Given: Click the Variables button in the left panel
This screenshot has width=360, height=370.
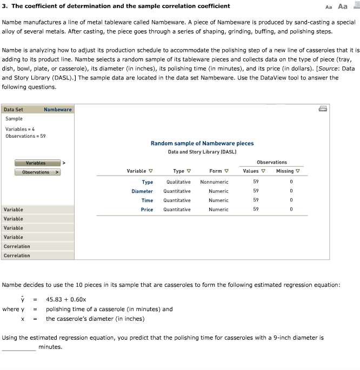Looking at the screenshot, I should tap(36, 163).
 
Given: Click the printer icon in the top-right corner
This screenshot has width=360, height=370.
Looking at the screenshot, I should tap(323, 109).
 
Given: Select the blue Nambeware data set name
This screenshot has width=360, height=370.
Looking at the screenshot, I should tap(58, 109).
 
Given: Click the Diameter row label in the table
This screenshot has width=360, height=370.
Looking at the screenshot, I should tap(142, 191).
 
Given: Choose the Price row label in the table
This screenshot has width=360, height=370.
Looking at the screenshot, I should tap(146, 210).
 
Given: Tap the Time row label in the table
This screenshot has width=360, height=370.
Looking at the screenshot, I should tap(147, 200).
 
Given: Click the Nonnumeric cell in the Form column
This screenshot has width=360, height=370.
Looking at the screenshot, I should tap(214, 182).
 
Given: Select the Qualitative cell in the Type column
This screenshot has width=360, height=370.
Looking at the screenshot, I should tap(178, 182).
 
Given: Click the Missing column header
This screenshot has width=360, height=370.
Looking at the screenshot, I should tap(288, 171).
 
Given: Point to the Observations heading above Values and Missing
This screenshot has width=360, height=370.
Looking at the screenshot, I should tap(272, 162).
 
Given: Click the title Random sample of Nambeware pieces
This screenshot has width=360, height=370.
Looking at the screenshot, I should tap(202, 143).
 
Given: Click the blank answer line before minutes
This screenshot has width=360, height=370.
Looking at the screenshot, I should tap(19, 347).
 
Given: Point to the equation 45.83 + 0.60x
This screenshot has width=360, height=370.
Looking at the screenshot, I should tap(66, 299).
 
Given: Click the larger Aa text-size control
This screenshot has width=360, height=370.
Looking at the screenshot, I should tap(343, 6).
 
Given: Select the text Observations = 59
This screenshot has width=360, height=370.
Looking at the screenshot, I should tap(25, 136).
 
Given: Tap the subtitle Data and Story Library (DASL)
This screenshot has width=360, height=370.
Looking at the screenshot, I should tap(202, 152).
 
